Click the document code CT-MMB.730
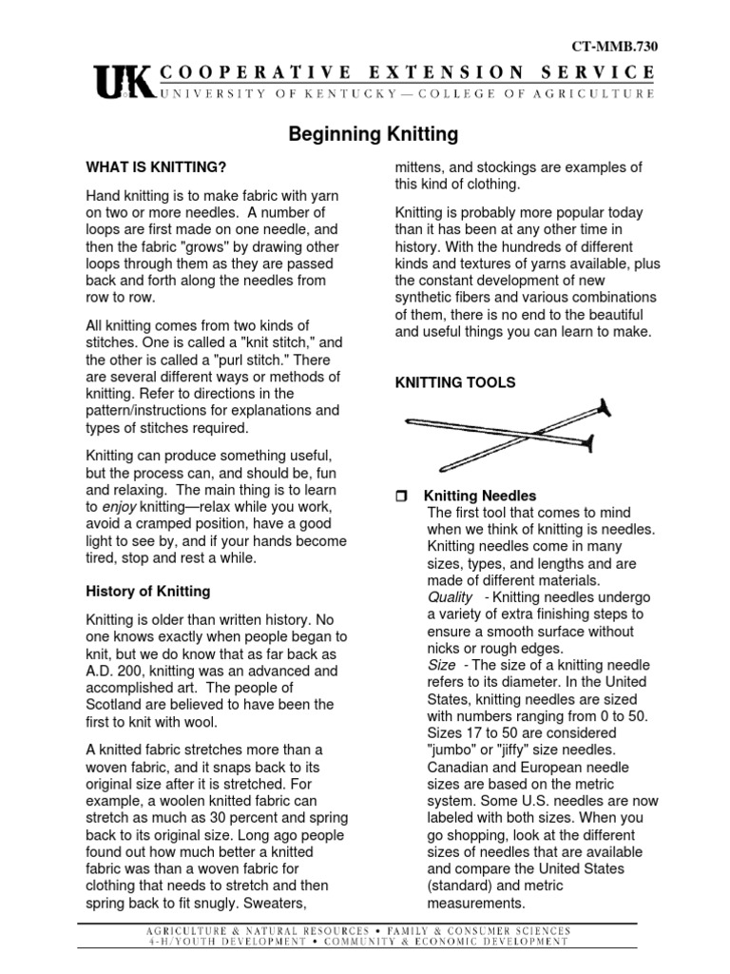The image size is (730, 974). (x=614, y=46)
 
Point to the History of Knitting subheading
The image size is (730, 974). (x=149, y=592)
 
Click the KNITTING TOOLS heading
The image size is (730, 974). (x=455, y=382)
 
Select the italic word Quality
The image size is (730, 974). (x=450, y=596)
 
